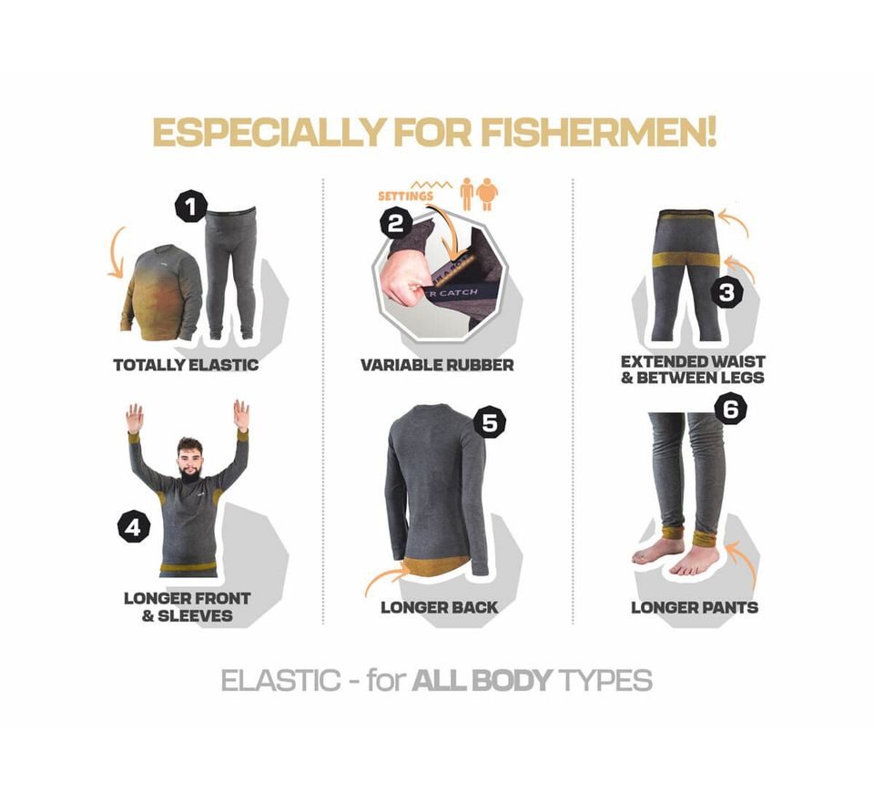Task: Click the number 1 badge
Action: coord(191,208)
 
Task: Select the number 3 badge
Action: coord(727,293)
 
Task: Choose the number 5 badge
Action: coord(492,423)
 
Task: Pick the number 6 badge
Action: coord(729,410)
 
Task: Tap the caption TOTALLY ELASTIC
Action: coord(186,365)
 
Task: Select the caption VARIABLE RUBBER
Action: coord(437,365)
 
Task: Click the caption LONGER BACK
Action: coord(439,607)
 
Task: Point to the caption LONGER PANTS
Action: coord(695,607)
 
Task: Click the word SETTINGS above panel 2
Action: coord(404,195)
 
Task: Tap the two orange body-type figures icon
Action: coord(479,194)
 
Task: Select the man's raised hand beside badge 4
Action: coord(135,418)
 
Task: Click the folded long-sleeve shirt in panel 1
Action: coord(162,291)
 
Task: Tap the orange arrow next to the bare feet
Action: coord(747,564)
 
